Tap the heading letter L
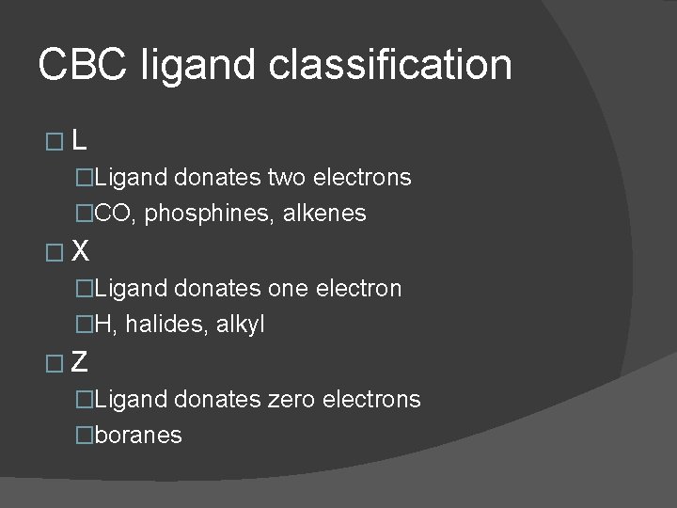tap(80, 140)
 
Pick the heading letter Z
tap(81, 361)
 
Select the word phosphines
tap(201, 214)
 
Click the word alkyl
tap(241, 325)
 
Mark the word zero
tap(291, 399)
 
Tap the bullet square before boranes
tap(86, 436)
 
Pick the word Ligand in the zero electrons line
tap(131, 400)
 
